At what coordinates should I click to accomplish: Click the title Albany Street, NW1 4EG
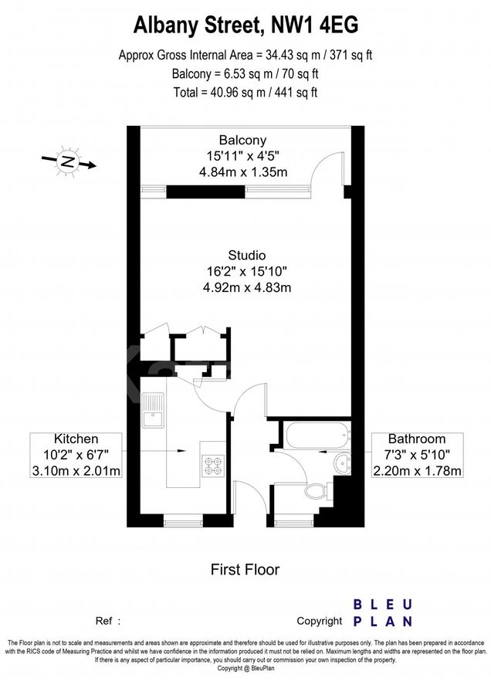[245, 27]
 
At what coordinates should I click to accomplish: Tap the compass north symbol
[68, 162]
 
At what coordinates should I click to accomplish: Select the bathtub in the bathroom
[317, 436]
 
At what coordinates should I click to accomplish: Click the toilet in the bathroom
[316, 491]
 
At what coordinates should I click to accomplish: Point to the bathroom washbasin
[340, 463]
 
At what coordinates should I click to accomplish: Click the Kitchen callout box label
[76, 455]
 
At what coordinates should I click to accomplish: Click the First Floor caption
[245, 570]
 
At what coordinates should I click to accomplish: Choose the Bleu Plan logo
[382, 612]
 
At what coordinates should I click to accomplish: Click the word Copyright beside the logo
[319, 620]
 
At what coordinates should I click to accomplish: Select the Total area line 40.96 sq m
[245, 92]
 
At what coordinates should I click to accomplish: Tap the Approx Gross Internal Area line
[245, 56]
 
